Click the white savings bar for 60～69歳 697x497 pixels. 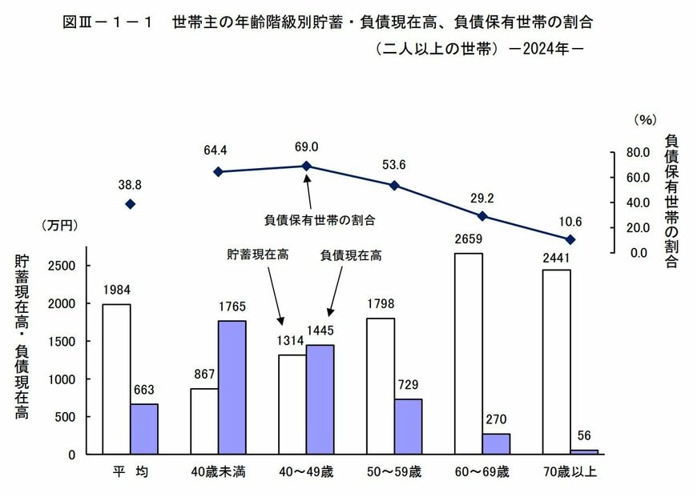click(468, 354)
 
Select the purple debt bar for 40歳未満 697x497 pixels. click(232, 387)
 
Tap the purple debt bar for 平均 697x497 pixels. click(144, 429)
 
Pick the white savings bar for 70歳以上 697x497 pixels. click(556, 362)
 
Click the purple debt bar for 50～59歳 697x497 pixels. click(408, 427)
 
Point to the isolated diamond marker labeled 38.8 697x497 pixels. click(131, 204)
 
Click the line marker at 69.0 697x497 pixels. click(306, 166)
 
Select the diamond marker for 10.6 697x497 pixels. click(570, 239)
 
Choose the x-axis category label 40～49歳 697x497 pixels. click(307, 472)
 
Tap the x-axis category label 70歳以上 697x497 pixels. click(570, 472)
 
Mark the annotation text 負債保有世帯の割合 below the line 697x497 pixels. click(320, 218)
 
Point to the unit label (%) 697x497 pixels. click(645, 119)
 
